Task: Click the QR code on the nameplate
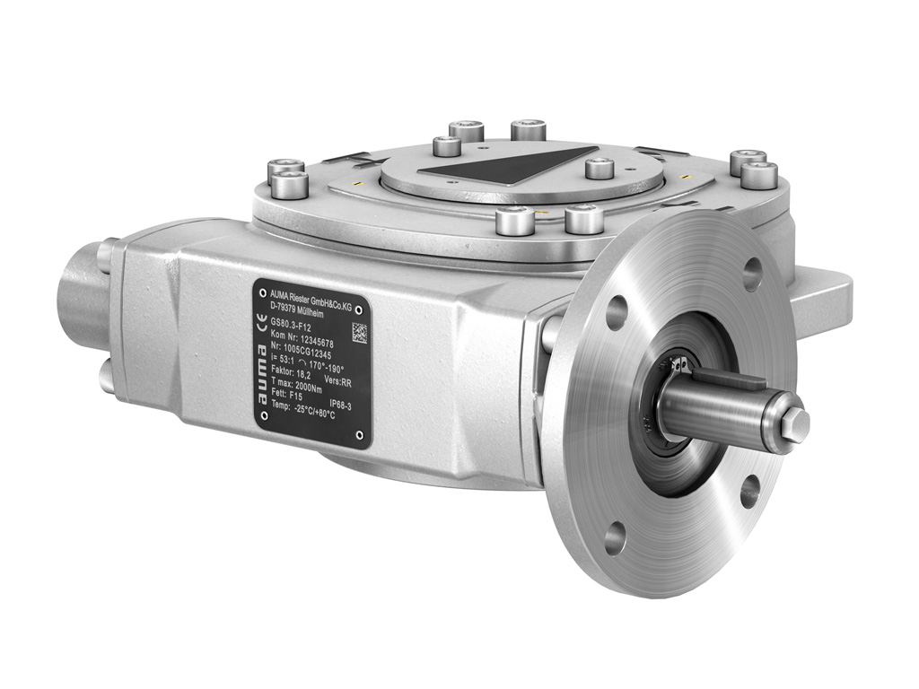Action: pyautogui.click(x=359, y=332)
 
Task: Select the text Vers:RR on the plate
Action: pyautogui.click(x=339, y=380)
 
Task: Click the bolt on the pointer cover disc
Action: pyautogui.click(x=598, y=168)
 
